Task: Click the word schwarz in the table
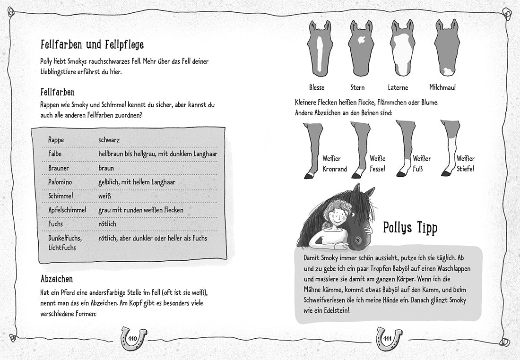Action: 109,140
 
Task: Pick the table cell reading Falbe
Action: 55,154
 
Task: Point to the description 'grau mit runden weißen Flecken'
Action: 141,209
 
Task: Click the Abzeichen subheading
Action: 57,279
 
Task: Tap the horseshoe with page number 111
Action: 389,337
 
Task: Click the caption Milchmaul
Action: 442,87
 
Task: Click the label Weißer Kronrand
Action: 334,163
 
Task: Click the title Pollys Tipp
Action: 410,228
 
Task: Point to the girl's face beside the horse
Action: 338,218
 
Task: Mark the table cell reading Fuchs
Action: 56,223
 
